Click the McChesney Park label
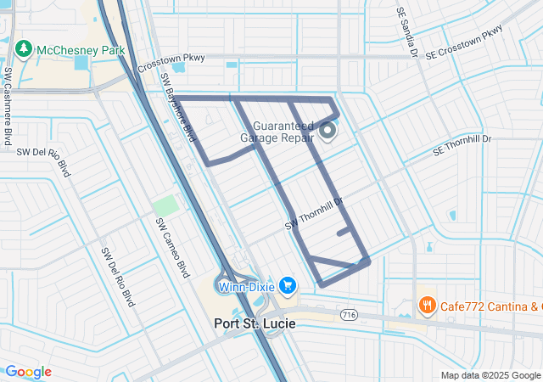coord(80,50)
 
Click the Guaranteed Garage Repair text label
coord(277,132)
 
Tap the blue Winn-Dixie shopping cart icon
coord(288,285)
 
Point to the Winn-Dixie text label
coord(246,286)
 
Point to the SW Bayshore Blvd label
coord(178,106)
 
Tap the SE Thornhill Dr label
coord(462,149)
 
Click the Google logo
coord(28,372)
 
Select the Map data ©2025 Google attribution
coord(490,375)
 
